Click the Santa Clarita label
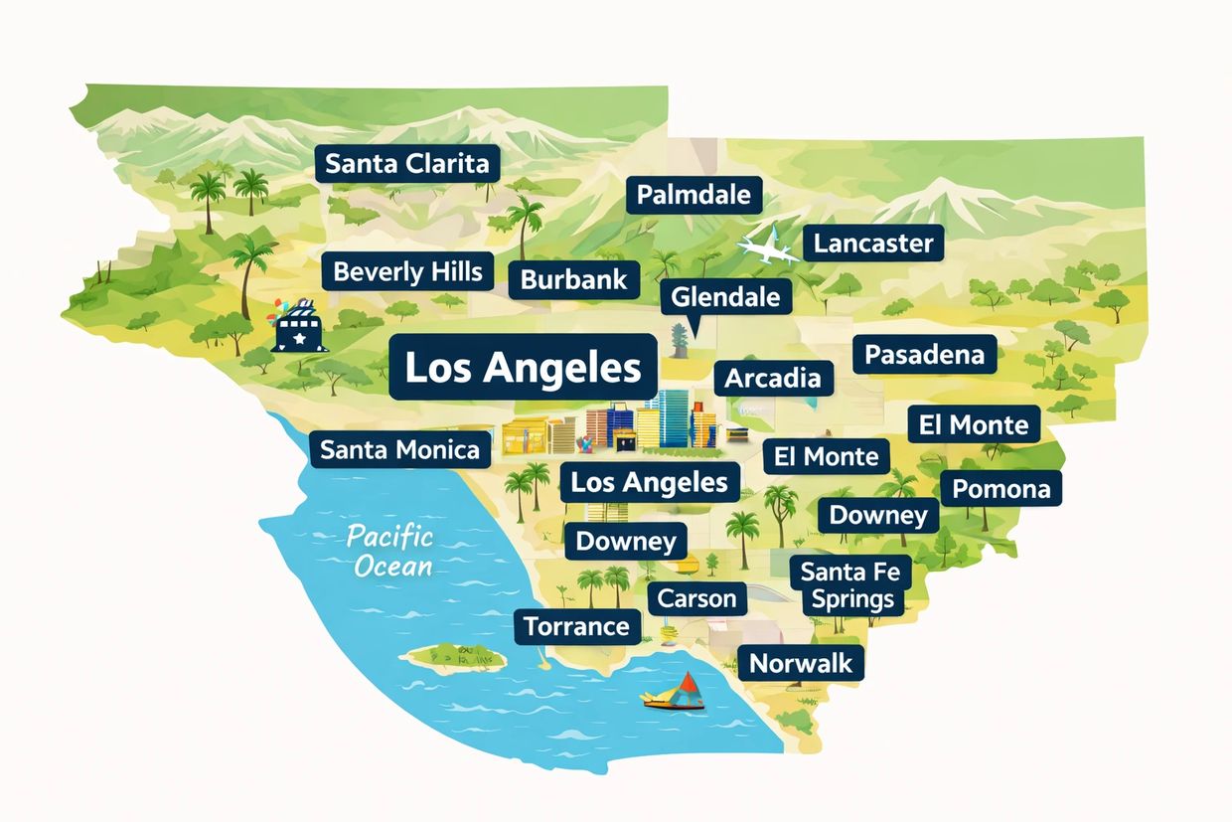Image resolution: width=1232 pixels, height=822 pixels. coord(407,163)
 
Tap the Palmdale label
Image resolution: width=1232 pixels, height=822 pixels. coord(693,195)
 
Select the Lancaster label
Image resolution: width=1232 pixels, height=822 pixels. coord(872,244)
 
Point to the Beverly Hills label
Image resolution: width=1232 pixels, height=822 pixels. coord(407,271)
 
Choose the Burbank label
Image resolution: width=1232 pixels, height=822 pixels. coord(574,279)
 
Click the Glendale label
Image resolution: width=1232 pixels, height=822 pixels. coord(725,296)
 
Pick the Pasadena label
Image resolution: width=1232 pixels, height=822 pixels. coord(924,355)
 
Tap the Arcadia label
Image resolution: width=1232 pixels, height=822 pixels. coord(773,378)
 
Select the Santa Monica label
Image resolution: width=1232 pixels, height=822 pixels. coord(399,450)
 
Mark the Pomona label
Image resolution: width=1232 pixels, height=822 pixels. coord(1001,489)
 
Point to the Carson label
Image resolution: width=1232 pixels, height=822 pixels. coord(697,598)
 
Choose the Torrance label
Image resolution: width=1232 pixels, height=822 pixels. coord(576,626)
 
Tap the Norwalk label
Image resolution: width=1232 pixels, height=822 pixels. coord(801,663)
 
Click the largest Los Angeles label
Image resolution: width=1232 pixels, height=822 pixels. coord(523,368)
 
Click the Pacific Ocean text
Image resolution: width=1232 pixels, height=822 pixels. coord(389,552)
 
